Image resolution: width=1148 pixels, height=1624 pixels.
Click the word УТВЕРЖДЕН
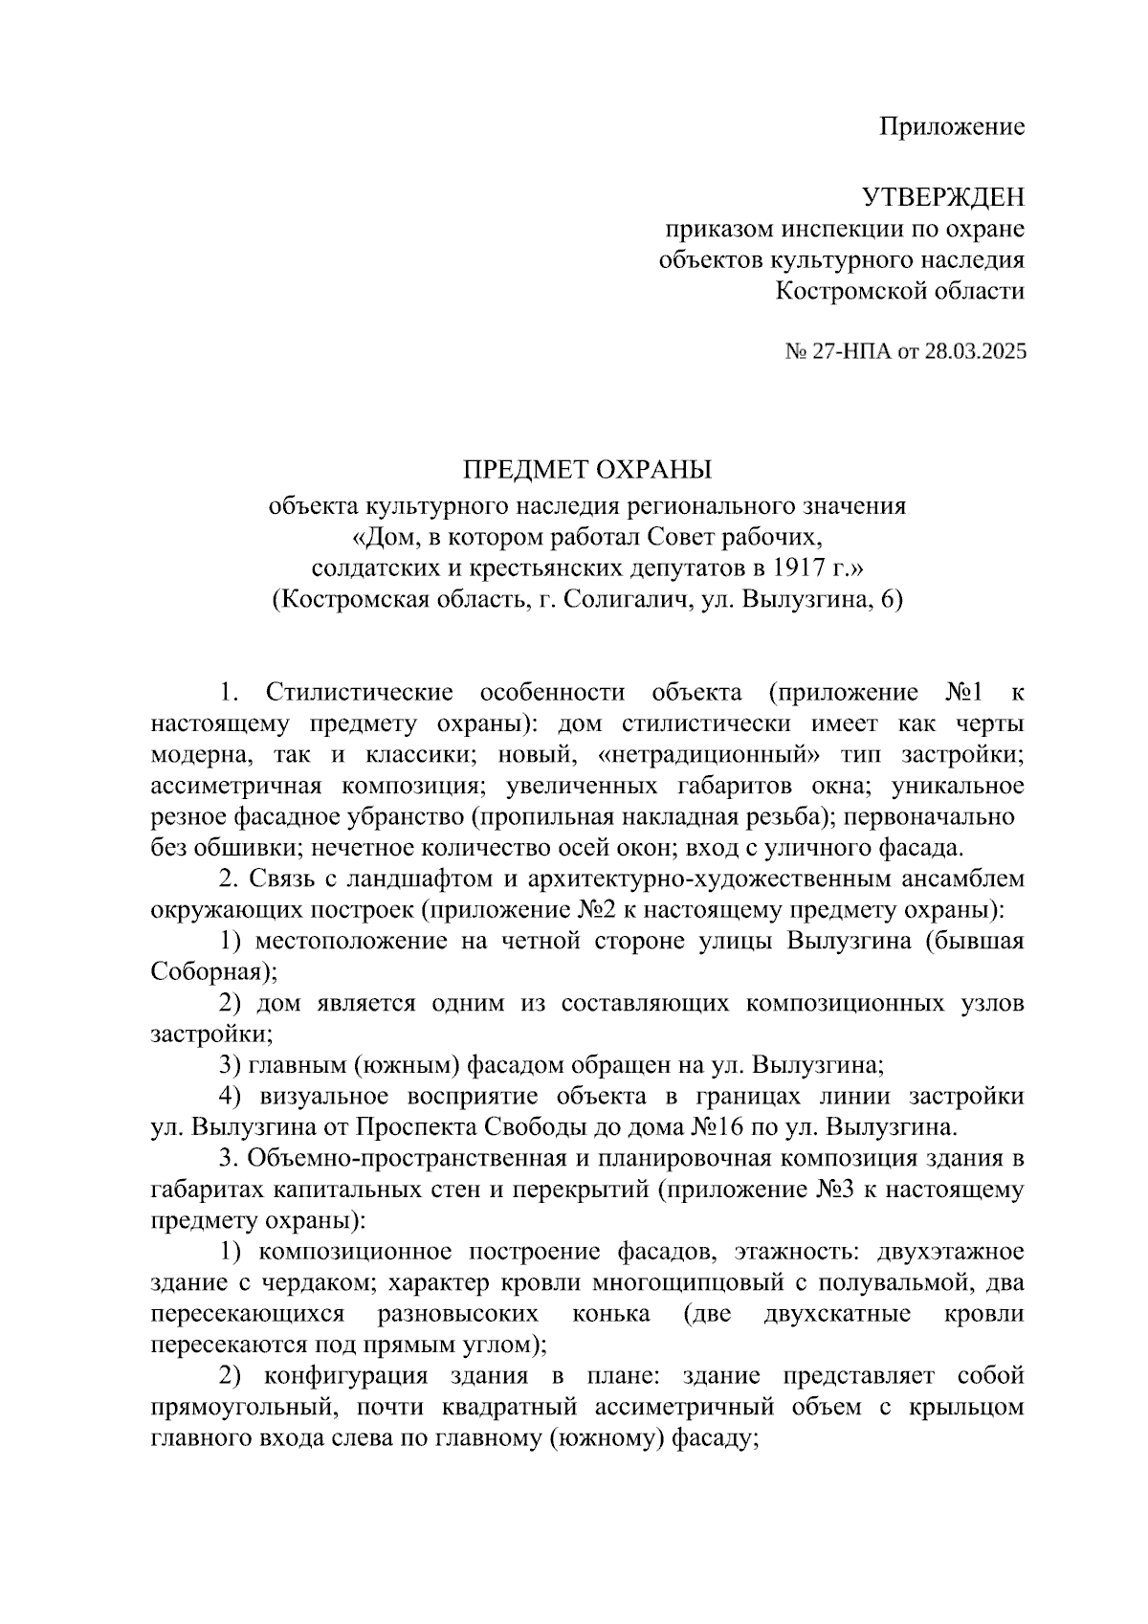pos(943,198)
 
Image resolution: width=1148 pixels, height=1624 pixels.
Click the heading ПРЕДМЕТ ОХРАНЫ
pos(588,470)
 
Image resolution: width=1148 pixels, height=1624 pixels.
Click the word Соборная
pos(210,971)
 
